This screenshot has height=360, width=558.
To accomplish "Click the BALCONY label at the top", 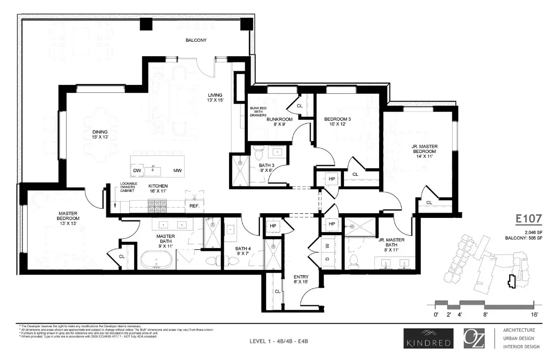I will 196,40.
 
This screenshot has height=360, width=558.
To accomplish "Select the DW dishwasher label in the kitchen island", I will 137,170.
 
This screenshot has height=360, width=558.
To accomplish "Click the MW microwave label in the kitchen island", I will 178,170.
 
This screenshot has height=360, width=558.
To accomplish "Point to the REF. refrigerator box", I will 194,205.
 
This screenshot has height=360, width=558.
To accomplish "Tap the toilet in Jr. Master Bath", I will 354,260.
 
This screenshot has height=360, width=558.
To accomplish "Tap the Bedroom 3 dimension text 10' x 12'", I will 337,124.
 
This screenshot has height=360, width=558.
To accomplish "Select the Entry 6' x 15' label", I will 300,280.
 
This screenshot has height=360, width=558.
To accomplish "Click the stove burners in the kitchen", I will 155,205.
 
